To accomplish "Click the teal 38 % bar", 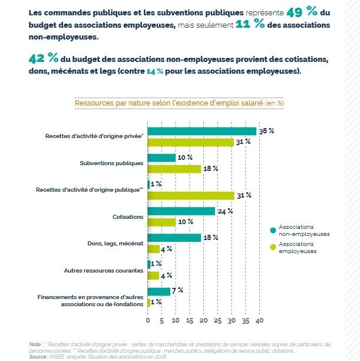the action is pos(202,131).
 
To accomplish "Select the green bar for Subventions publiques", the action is pos(174,169).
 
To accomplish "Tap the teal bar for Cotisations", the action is pos(181,211).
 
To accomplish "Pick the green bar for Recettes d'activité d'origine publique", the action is pos(191,196).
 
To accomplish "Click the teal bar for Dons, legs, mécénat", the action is pos(174,238).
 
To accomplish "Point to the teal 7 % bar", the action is pos(158,292).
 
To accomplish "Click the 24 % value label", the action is pos(225,211).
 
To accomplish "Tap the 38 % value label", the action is pos(266,131).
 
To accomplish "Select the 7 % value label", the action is pos(177,290).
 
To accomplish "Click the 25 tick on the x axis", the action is pos(217,320).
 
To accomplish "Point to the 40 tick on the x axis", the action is pos(259,320).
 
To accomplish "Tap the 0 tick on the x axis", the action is pos(148,320).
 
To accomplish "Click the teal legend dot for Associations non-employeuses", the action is pos(273,230).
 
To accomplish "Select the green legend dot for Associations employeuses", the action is pos(273,247).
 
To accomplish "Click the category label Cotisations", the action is pos(128,217).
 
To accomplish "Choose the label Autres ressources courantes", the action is pos(104,271).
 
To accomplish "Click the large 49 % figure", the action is pos(302,11).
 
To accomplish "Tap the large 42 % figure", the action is pos(44,58).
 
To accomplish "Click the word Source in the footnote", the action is pos(38,357).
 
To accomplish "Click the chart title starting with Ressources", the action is pos(180,103).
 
